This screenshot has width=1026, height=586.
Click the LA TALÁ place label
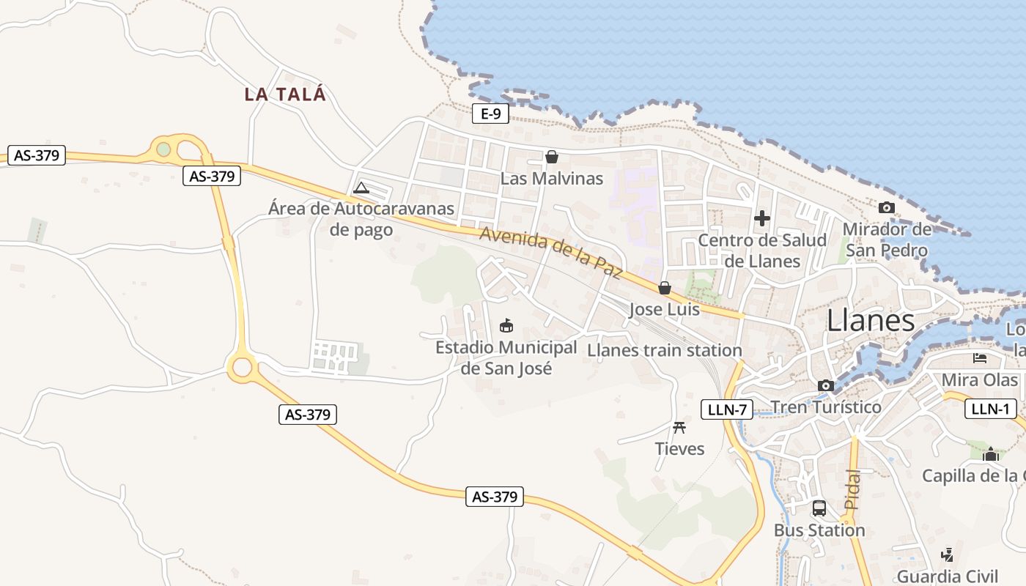(x=285, y=94)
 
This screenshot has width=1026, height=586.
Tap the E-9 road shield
(x=490, y=114)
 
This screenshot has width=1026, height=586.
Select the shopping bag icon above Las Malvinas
(x=551, y=157)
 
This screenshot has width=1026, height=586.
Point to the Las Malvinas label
(x=551, y=178)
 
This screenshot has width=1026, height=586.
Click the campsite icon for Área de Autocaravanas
(x=361, y=188)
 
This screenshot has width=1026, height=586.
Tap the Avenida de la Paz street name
(x=551, y=253)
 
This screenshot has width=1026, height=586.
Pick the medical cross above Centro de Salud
(x=762, y=218)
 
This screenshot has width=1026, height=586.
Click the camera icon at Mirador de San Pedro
(x=886, y=207)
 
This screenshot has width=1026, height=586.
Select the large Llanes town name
(x=871, y=321)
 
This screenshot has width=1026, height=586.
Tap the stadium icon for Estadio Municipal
(x=506, y=325)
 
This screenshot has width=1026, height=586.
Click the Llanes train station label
(x=665, y=350)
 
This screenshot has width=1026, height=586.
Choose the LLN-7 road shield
(x=727, y=409)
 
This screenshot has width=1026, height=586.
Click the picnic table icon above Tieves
(x=679, y=427)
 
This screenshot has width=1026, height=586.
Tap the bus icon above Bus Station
(x=819, y=508)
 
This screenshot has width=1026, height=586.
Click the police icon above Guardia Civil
(x=947, y=555)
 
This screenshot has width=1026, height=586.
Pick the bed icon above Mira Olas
(x=980, y=358)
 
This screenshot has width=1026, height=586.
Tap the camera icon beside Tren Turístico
(x=826, y=385)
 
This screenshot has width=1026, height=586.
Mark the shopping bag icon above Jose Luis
(x=665, y=288)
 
